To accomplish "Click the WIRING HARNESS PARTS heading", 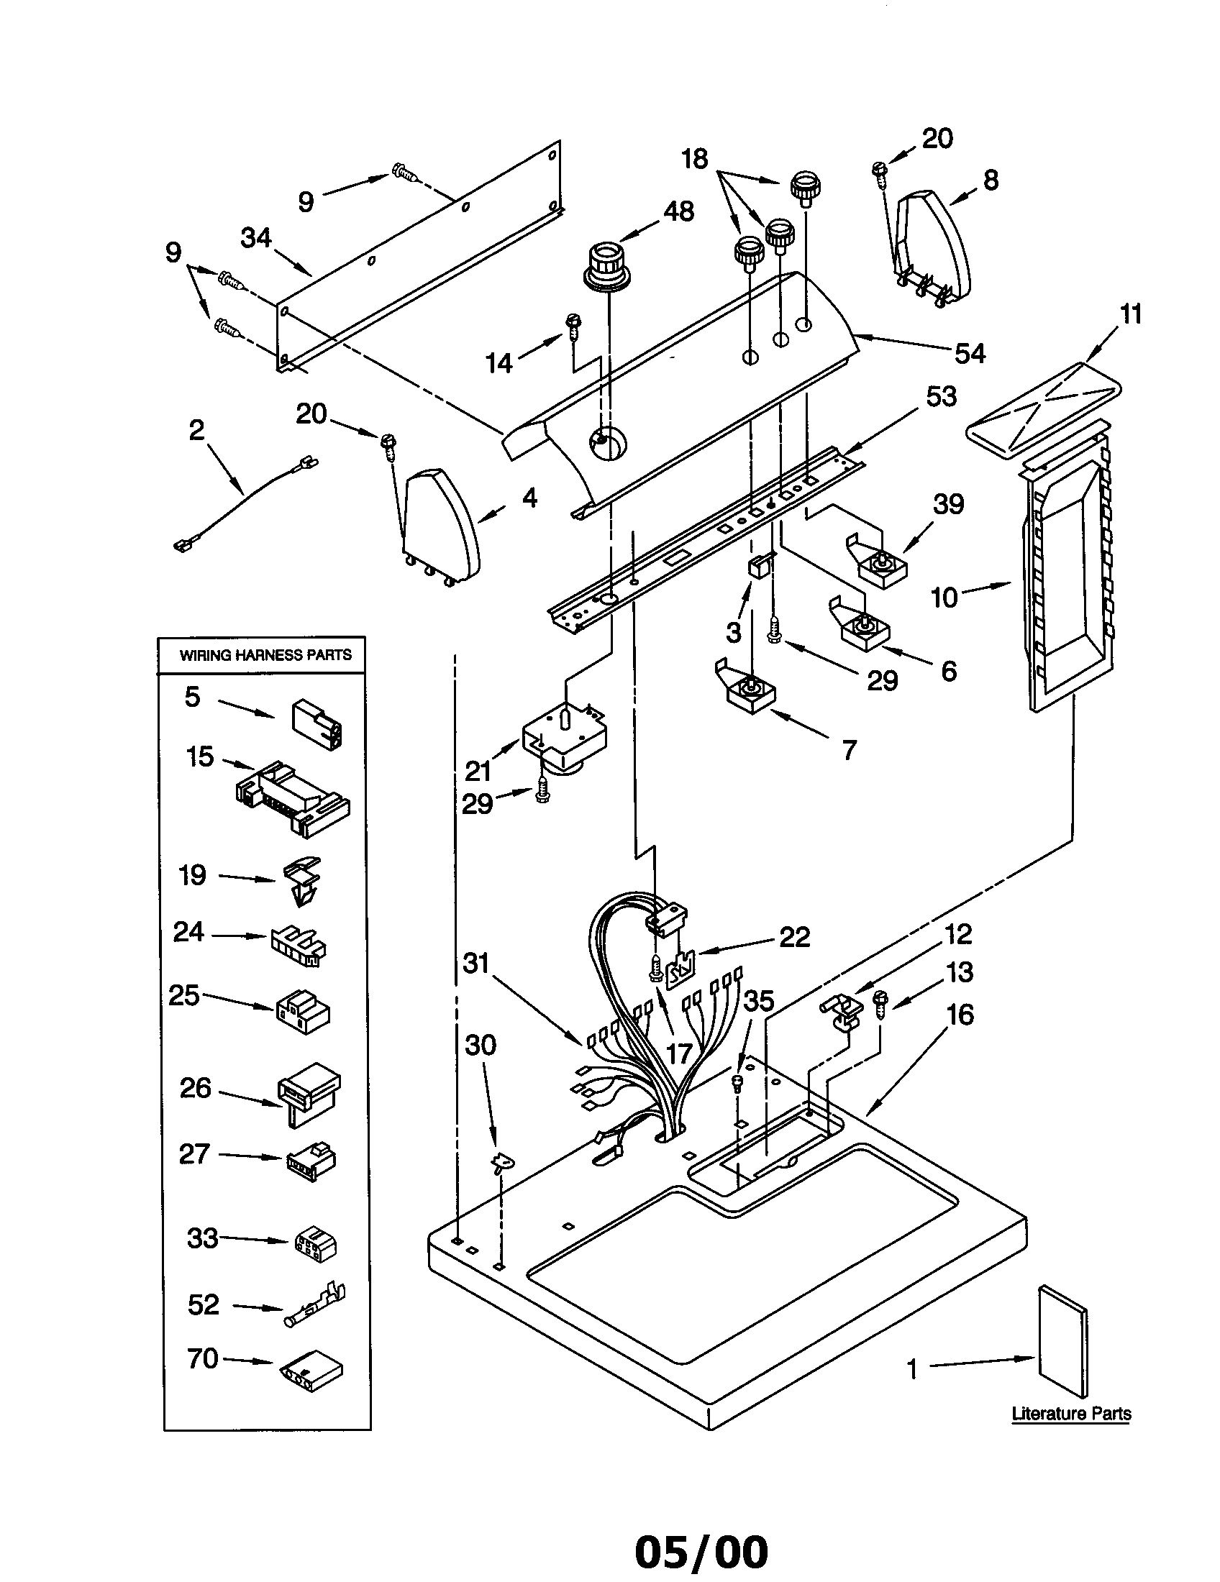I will click(x=265, y=655).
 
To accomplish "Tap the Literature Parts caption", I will click(x=1071, y=1412).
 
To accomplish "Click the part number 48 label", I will click(x=679, y=211).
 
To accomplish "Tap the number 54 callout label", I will click(x=970, y=354).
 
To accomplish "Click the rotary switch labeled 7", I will click(x=750, y=692).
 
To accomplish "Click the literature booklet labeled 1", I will click(x=1062, y=1342).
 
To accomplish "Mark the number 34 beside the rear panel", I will click(x=256, y=237).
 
